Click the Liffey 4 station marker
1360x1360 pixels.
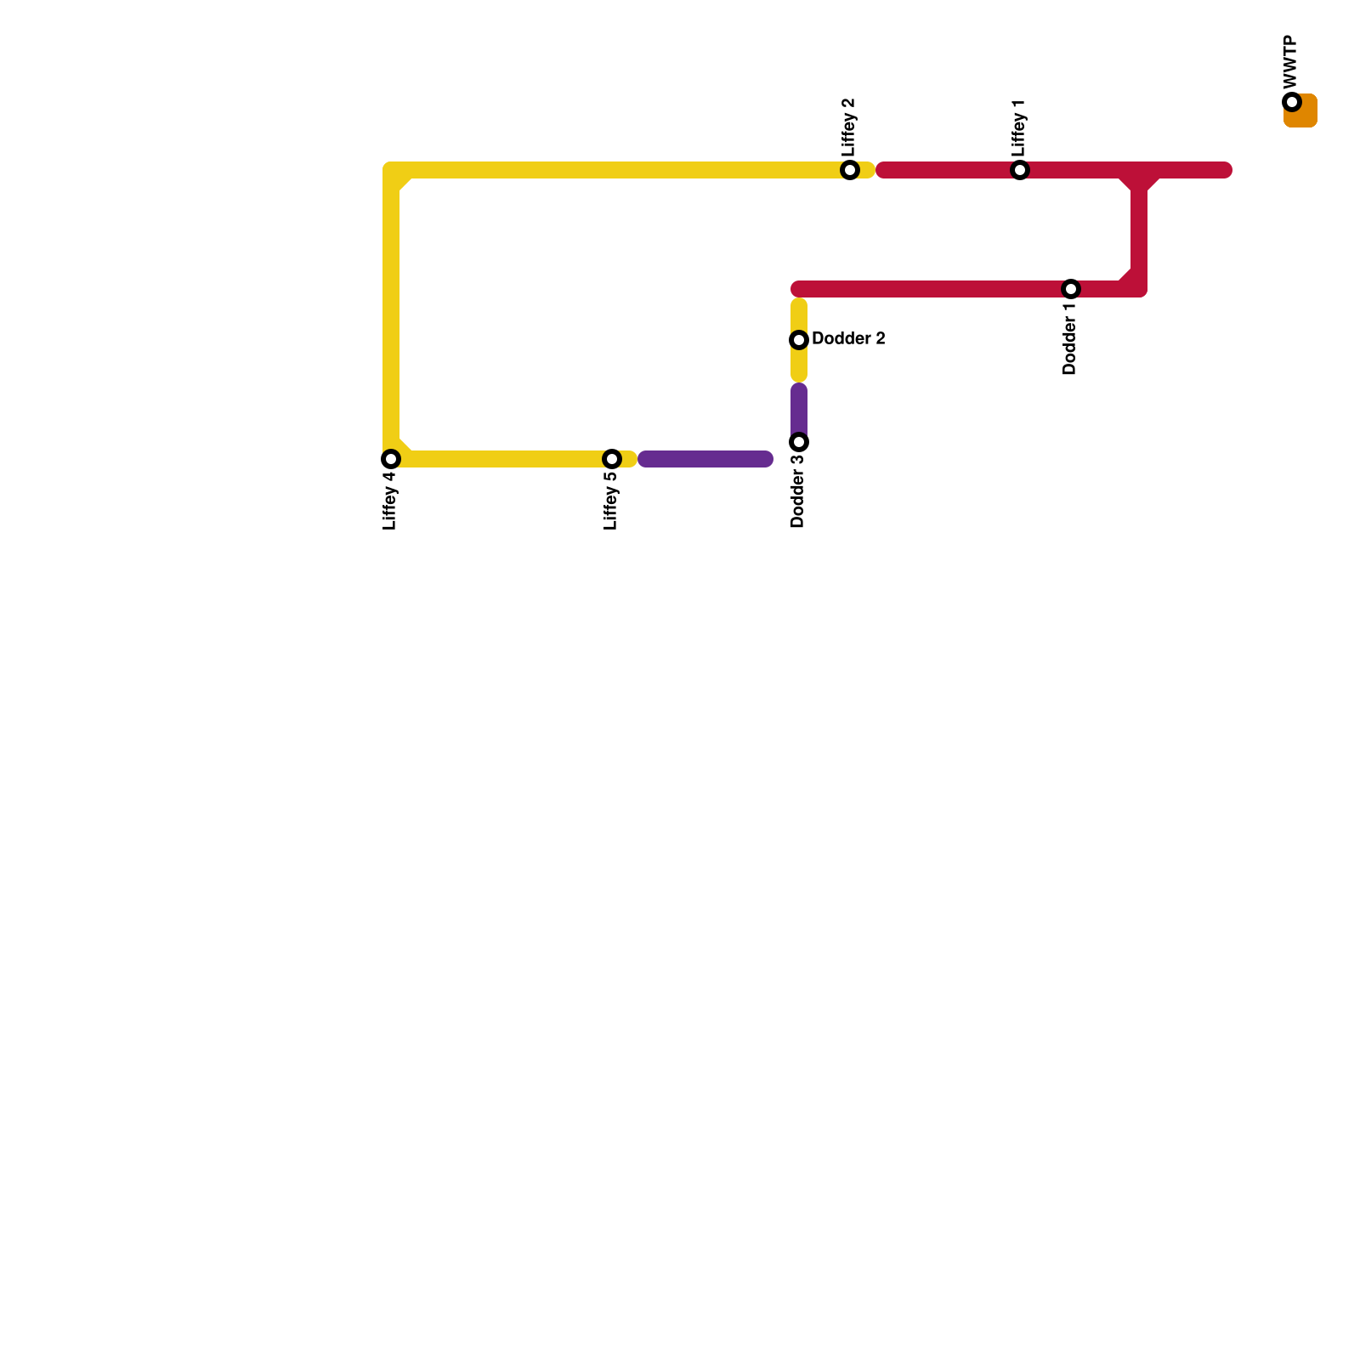pyautogui.click(x=391, y=459)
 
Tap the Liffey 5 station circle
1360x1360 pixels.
pyautogui.click(x=612, y=459)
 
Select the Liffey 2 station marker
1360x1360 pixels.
pyautogui.click(x=850, y=170)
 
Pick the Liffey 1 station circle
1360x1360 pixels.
pyautogui.click(x=1020, y=170)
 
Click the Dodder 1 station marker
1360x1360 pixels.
pyautogui.click(x=1071, y=289)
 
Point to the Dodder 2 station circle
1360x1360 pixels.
pyautogui.click(x=799, y=340)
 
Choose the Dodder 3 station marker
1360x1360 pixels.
pyautogui.click(x=799, y=442)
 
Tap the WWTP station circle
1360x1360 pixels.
pyautogui.click(x=1292, y=102)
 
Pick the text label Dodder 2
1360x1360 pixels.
pyautogui.click(x=848, y=339)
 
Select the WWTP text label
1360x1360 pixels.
pyautogui.click(x=1291, y=61)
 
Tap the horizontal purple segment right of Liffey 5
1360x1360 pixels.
pyautogui.click(x=705, y=459)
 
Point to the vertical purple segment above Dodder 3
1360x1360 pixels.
pyautogui.click(x=799, y=408)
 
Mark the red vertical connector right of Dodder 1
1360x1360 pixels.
pyautogui.click(x=1139, y=229)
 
